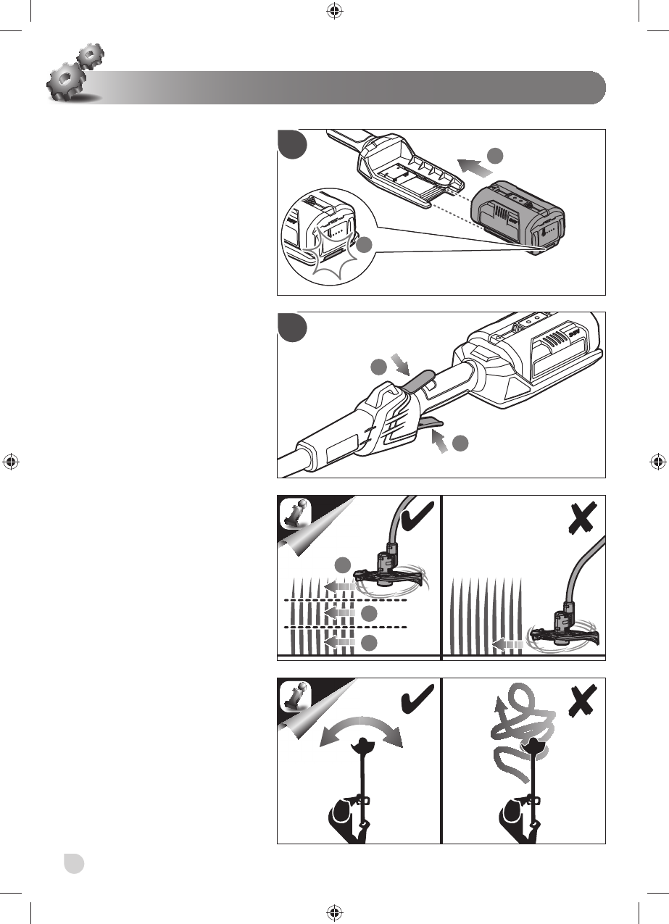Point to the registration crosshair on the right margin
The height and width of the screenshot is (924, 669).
click(657, 461)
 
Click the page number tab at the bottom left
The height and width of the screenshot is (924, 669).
click(72, 863)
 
